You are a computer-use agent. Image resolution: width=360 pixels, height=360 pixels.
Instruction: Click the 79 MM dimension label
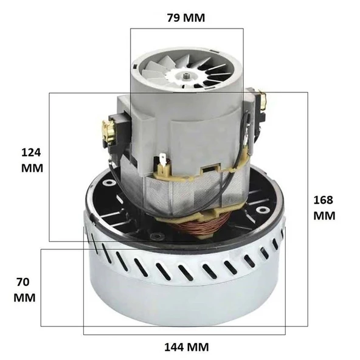tap(186, 18)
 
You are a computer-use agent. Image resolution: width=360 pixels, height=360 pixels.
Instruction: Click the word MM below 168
tap(324, 215)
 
